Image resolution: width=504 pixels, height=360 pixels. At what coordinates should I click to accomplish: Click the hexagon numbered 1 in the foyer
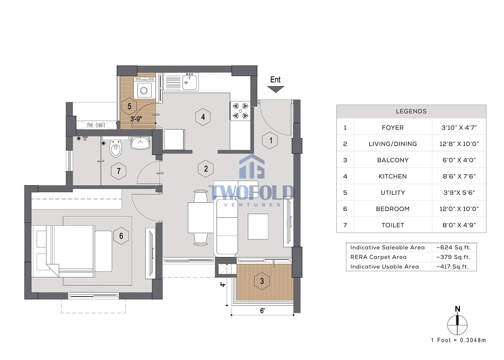point(271,140)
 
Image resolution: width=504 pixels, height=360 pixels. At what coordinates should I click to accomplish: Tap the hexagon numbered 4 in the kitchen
point(203,117)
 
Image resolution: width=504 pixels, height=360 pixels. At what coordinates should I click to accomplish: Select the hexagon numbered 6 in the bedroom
point(121,236)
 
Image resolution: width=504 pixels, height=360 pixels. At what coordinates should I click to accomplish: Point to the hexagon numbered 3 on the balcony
point(262,281)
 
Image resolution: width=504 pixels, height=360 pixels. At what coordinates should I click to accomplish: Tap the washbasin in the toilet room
point(140,142)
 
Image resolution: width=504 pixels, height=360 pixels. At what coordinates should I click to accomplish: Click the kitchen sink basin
point(189,82)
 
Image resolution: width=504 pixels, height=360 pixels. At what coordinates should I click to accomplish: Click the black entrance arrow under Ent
point(275,89)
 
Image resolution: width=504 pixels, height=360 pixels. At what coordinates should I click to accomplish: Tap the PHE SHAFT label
point(96,125)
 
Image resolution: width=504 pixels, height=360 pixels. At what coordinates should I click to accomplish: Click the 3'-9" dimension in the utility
point(136,119)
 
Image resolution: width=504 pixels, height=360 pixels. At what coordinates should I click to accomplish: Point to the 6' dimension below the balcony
point(262,311)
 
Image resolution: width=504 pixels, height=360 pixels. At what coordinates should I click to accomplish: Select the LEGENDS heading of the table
point(411,112)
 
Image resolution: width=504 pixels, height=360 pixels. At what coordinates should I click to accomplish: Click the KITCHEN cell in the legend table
point(393,176)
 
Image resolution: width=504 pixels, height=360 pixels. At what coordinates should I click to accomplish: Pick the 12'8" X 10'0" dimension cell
point(459,144)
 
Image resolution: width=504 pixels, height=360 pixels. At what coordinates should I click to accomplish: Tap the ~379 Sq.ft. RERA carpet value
point(453,257)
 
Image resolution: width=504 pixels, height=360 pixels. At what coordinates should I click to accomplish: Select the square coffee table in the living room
point(258,227)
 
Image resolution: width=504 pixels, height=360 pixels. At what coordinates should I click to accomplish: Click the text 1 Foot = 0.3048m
point(459,340)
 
